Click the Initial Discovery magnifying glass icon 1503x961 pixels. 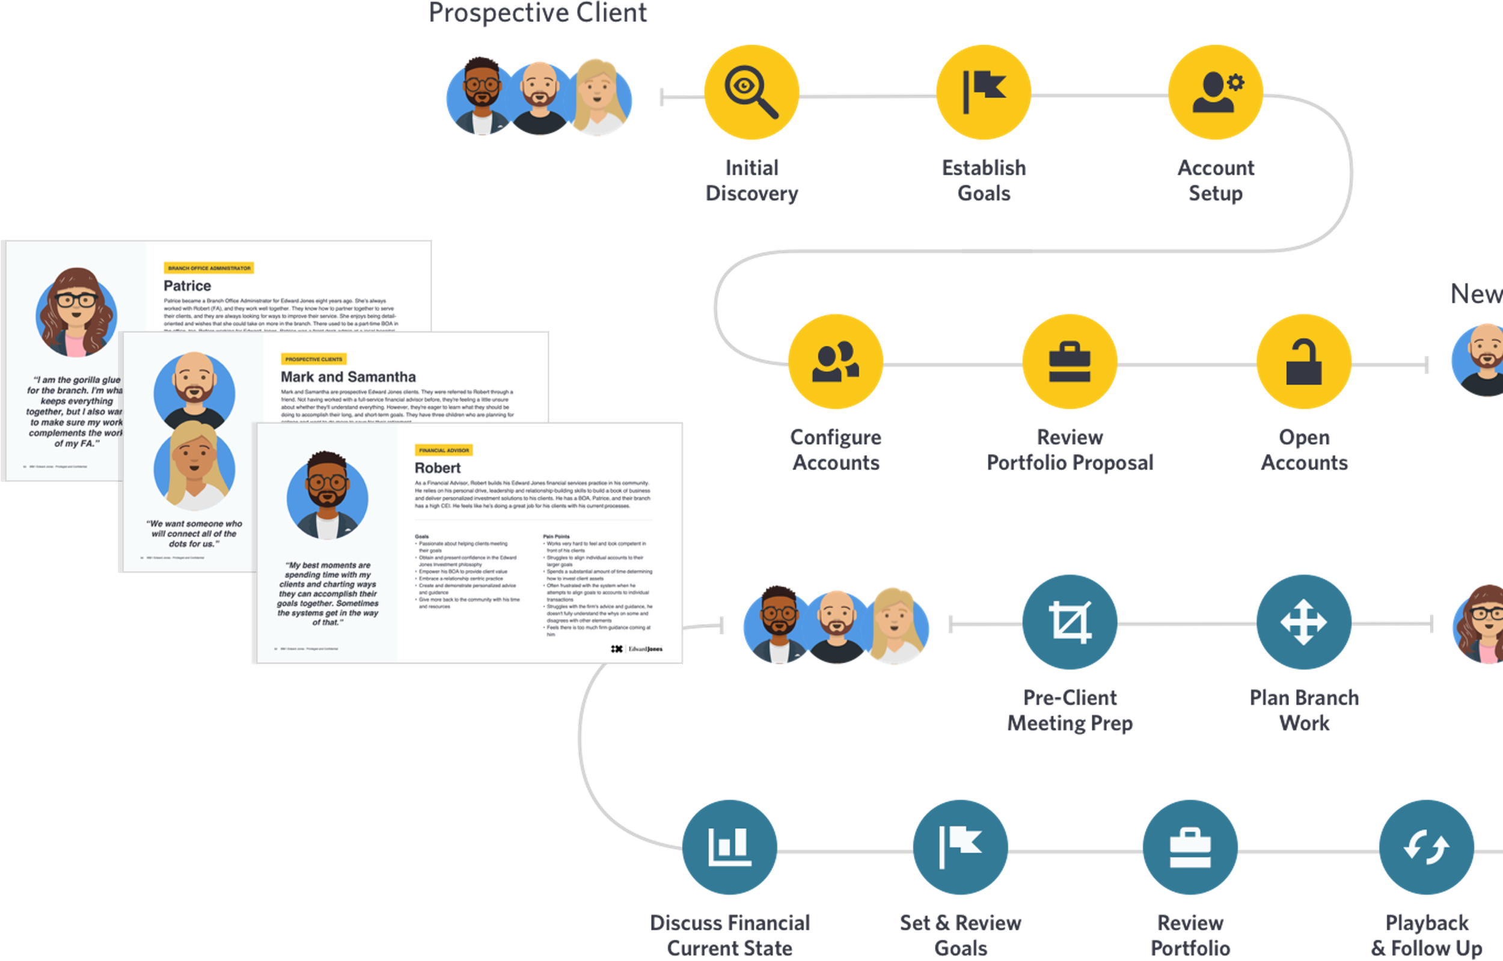tap(751, 93)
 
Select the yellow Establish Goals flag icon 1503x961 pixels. tap(984, 93)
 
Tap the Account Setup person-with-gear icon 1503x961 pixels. tap(1216, 93)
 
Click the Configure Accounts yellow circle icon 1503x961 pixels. tap(835, 362)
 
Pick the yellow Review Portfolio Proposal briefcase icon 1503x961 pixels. tap(1069, 362)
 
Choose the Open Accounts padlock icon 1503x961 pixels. tap(1304, 362)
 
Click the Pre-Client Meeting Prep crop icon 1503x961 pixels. tap(1069, 622)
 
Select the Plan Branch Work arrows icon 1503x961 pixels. tap(1304, 622)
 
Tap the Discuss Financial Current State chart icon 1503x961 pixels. tap(730, 847)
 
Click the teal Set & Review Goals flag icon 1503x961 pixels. tap(960, 847)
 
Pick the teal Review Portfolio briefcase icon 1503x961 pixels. tap(1190, 847)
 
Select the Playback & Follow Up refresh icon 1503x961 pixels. tap(1426, 847)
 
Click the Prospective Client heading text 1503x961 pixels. tap(538, 13)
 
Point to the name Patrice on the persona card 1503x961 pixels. tap(187, 286)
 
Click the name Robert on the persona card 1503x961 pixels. tap(438, 468)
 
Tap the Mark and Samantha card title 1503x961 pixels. tap(348, 377)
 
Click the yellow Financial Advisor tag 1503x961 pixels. tap(444, 450)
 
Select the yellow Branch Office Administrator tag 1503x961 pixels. tap(209, 267)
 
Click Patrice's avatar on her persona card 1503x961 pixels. tap(76, 312)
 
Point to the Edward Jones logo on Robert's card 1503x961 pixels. tap(637, 649)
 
